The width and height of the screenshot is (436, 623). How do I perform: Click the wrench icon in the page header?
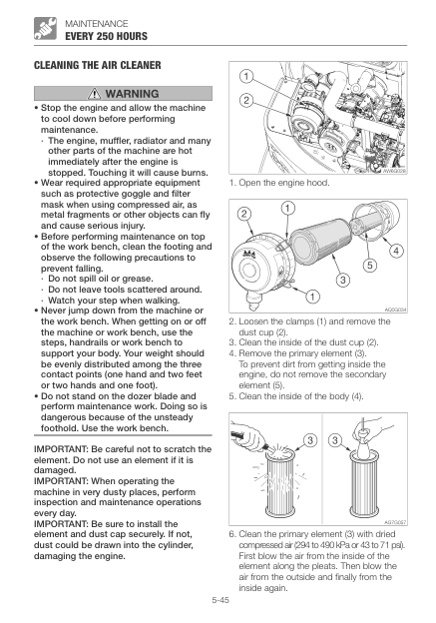point(45,29)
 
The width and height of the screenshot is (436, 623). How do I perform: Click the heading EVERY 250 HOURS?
point(106,36)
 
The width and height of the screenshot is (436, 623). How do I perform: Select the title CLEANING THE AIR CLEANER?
point(98,65)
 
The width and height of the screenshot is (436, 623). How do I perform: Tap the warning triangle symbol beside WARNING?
point(95,94)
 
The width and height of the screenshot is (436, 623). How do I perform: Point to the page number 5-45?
point(220,600)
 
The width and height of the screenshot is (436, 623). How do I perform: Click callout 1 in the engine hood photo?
point(246,76)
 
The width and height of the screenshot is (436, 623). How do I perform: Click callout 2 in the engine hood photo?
point(246,100)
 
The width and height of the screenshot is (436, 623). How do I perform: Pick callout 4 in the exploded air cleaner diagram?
point(396,251)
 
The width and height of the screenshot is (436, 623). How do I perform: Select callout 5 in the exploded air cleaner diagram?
point(370,265)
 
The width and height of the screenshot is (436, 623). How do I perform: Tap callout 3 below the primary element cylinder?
point(343,280)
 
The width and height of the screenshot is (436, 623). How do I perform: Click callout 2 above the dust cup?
point(244,214)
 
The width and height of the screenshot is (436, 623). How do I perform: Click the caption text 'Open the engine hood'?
point(284,183)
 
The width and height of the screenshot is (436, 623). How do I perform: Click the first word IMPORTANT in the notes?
point(61,449)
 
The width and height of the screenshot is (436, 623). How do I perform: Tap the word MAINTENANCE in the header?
point(97,23)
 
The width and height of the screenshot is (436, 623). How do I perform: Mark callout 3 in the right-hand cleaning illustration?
point(335,440)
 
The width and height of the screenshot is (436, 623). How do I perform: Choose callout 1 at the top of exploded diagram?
point(288,208)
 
